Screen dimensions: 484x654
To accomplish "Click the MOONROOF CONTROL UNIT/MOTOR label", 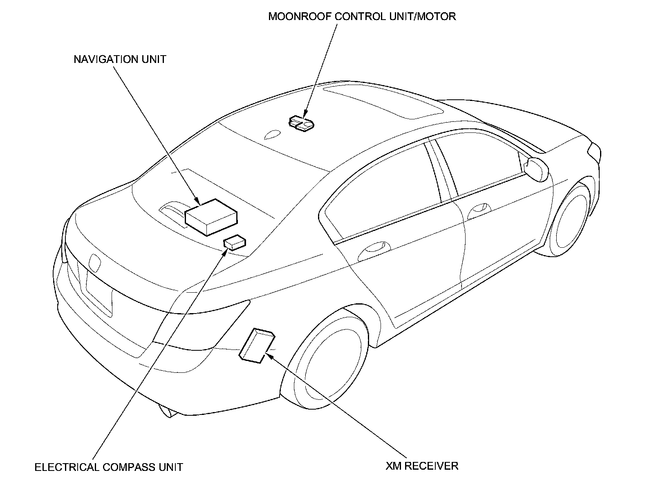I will (362, 17).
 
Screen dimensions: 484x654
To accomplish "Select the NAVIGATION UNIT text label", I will (120, 59).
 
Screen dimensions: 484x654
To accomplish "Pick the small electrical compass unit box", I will (235, 242).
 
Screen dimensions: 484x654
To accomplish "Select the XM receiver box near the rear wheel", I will (256, 345).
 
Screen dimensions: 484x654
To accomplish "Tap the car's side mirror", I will (537, 168).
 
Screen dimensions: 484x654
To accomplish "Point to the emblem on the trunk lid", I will (95, 263).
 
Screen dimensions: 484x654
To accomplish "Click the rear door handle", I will (373, 247).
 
